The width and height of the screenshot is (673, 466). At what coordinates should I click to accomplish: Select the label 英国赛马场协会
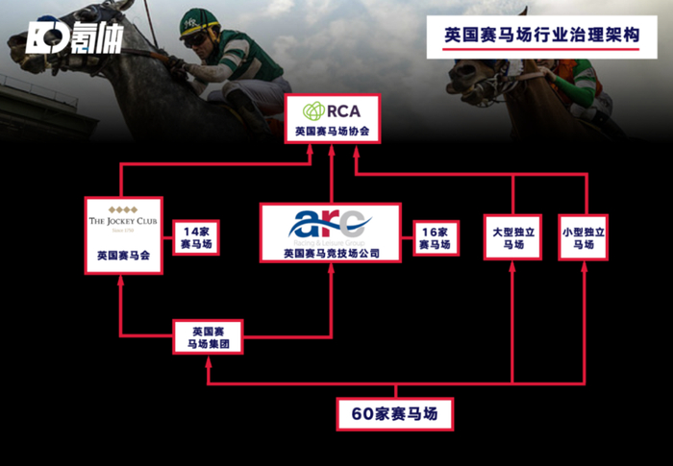[x=331, y=132]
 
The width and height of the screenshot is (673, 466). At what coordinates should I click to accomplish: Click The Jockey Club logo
[x=122, y=220]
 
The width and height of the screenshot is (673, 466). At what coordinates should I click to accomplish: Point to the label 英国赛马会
[x=122, y=257]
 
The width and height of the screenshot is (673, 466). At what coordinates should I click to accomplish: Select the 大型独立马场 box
[x=511, y=237]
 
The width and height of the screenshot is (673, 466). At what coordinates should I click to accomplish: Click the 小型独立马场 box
[x=585, y=237]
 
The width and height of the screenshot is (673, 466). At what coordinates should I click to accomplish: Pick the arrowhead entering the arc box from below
[x=331, y=268]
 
